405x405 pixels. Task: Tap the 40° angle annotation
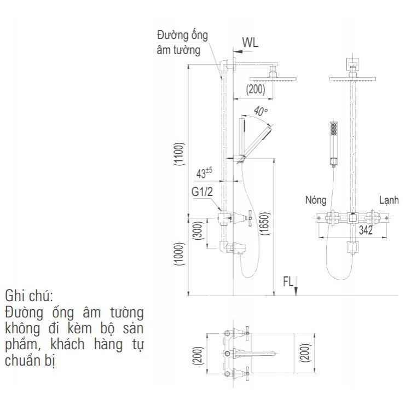tap(261, 111)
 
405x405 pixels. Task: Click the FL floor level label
tap(288, 282)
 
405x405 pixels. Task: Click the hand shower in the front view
tap(333, 142)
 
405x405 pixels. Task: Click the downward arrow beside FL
tap(296, 286)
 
